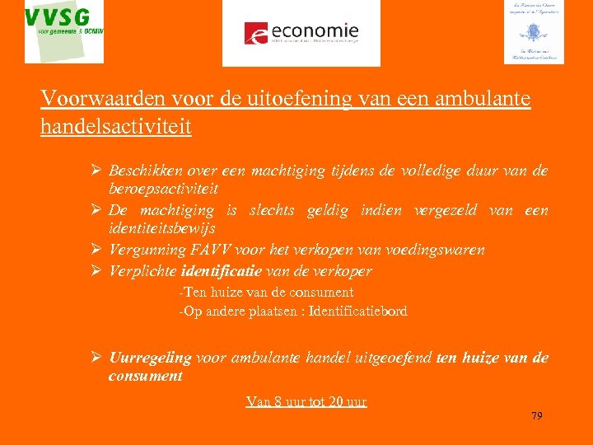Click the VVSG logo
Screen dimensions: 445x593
pyautogui.click(x=64, y=31)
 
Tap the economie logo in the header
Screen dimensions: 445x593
pyautogui.click(x=301, y=33)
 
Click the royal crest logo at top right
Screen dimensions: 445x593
pyautogui.click(x=533, y=31)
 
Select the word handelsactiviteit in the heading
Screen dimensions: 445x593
pyautogui.click(x=115, y=126)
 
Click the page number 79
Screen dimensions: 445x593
pyautogui.click(x=537, y=415)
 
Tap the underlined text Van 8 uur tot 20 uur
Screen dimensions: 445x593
pyautogui.click(x=306, y=402)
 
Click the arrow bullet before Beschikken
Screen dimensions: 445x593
pyautogui.click(x=96, y=171)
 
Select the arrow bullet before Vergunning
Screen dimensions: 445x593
pyautogui.click(x=96, y=250)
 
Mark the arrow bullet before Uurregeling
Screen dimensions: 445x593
pyautogui.click(x=96, y=358)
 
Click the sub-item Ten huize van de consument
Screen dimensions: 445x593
pyautogui.click(x=267, y=292)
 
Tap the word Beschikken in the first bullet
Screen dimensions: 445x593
pyautogui.click(x=144, y=171)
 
